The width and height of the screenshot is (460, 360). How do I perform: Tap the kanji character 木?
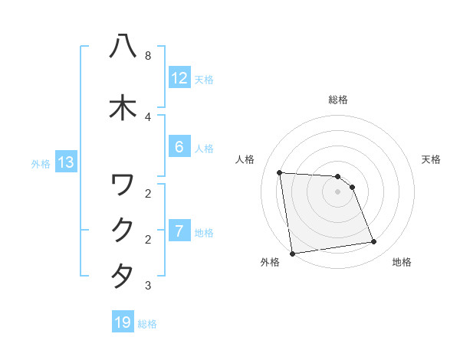[123, 108]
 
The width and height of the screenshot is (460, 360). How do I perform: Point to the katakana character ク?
[123, 231]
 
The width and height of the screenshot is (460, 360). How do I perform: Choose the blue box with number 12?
[179, 78]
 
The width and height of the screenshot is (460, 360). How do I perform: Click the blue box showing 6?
[179, 148]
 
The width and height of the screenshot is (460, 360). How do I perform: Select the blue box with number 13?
[65, 162]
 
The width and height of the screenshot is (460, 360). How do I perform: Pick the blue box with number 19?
[123, 322]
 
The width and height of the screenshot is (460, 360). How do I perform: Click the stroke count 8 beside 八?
[147, 56]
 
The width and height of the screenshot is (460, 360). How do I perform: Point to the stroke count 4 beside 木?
[147, 117]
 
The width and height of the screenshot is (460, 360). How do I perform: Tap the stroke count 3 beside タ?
[147, 286]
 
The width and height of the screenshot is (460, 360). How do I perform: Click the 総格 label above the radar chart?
[338, 100]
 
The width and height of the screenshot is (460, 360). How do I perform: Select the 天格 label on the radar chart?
[432, 159]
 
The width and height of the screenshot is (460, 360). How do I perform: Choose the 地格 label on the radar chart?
[402, 262]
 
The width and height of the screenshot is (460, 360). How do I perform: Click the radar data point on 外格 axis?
[292, 253]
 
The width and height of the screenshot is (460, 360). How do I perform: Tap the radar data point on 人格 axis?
[280, 172]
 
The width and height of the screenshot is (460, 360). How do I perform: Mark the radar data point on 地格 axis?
[374, 242]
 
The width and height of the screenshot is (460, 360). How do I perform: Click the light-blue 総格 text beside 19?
[147, 323]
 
